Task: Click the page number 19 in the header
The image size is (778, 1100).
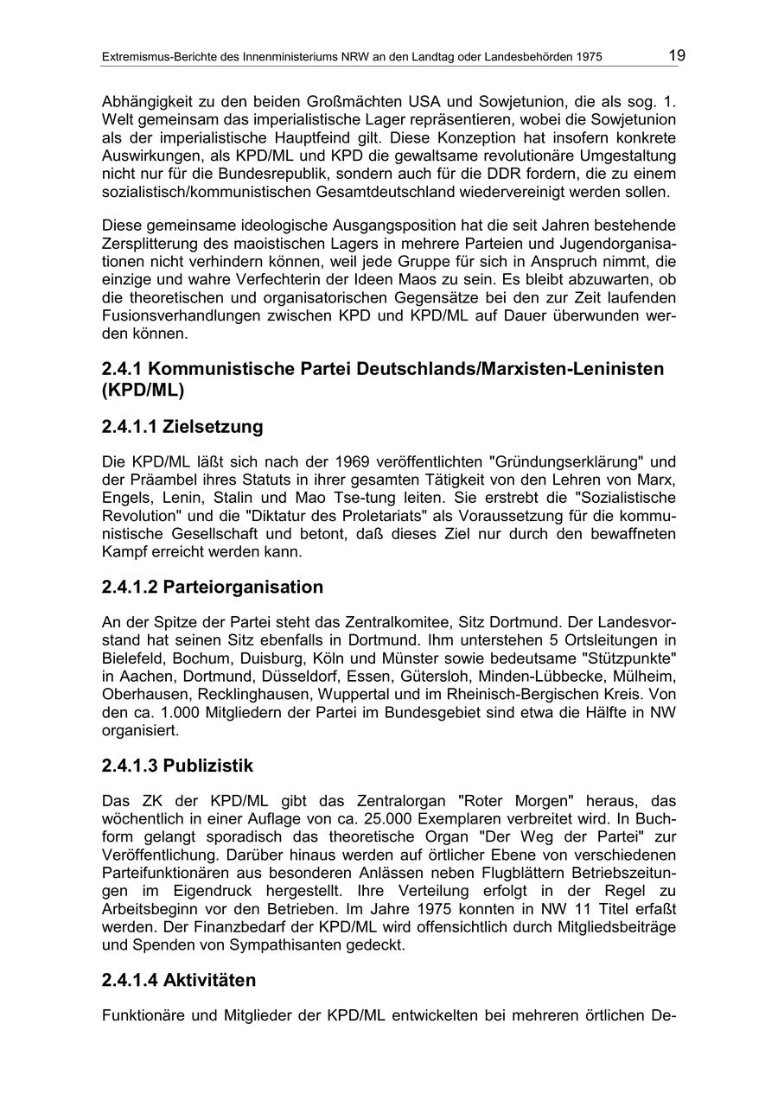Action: [676, 56]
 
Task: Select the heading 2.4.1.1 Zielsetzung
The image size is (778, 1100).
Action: [182, 427]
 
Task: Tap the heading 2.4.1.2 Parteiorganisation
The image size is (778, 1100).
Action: [212, 588]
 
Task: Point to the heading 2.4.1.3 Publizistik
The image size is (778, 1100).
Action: [177, 766]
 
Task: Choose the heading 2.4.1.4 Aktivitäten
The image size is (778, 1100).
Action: [178, 981]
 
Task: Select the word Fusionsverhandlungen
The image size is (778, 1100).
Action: [188, 315]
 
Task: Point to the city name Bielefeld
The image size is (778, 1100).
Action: [132, 659]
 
